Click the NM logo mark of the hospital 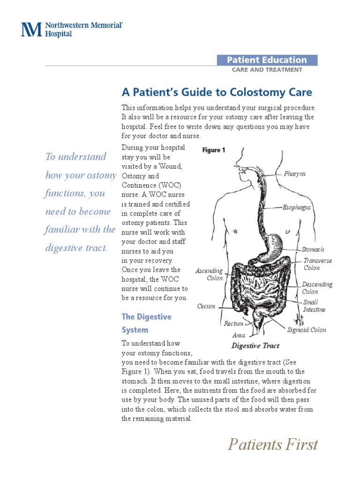(x=32, y=29)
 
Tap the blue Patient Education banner (x=267, y=60)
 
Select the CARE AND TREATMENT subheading (x=267, y=70)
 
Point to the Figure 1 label (x=214, y=150)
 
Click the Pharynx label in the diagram (x=295, y=174)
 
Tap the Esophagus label (x=297, y=207)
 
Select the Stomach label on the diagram (x=313, y=250)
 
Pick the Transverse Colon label (x=317, y=264)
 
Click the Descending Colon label (x=317, y=288)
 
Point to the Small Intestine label (x=314, y=306)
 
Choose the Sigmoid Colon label (x=307, y=330)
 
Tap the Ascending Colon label (x=209, y=275)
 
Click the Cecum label (x=206, y=307)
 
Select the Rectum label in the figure (x=233, y=323)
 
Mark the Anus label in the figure (x=239, y=336)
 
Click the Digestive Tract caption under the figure (x=255, y=346)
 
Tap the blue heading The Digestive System (x=146, y=323)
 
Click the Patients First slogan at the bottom (x=273, y=444)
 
